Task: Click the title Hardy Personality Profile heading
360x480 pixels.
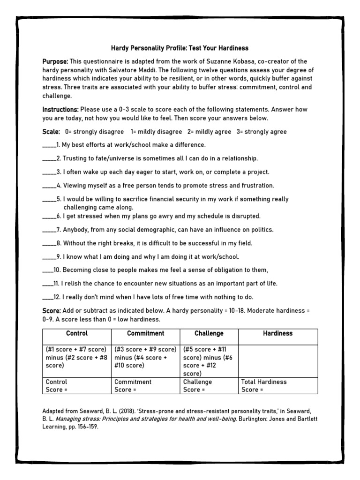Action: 180,48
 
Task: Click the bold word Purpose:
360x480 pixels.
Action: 55,61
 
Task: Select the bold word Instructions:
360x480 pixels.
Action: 60,109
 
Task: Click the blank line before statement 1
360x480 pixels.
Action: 49,145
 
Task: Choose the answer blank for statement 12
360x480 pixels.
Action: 47,297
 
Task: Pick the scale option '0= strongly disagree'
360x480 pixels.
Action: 95,132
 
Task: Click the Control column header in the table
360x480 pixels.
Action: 77,333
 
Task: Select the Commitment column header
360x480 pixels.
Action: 145,333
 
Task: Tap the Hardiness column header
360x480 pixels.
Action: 278,333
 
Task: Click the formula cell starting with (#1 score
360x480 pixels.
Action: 77,357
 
